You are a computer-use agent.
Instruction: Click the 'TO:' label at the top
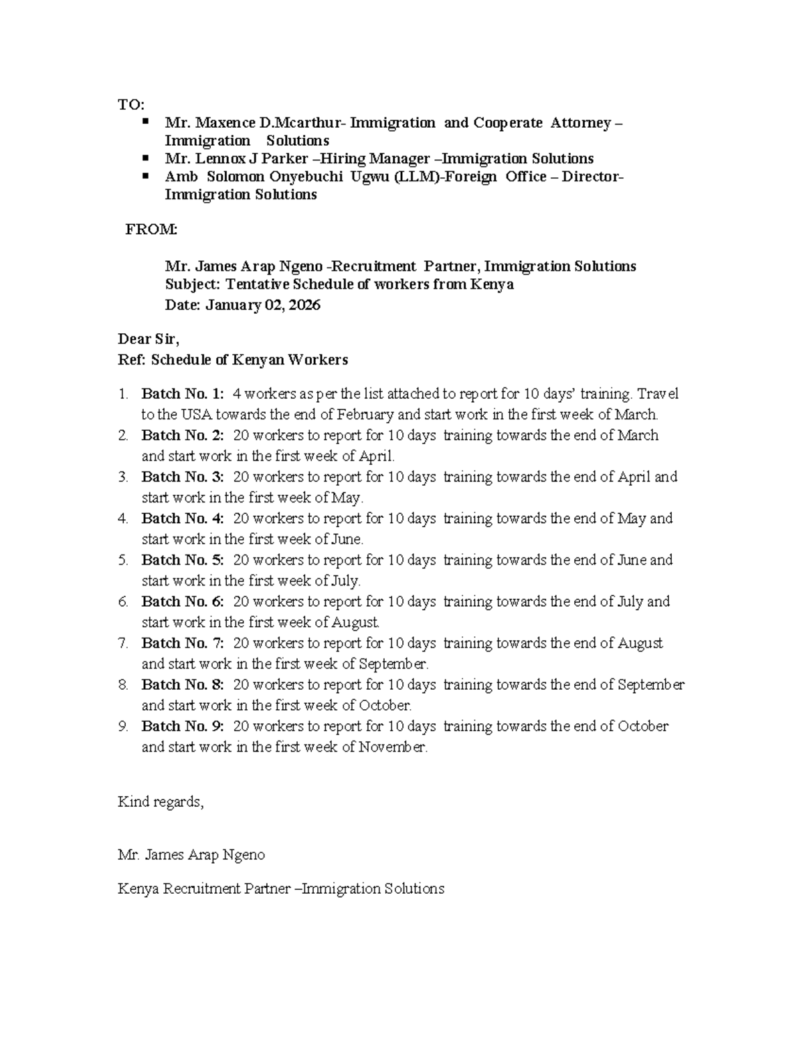(130, 105)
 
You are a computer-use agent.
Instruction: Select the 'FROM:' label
(152, 230)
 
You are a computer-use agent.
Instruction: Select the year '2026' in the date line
(306, 306)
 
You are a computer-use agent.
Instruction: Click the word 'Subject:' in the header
(192, 284)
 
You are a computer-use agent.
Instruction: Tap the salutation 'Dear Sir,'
(149, 339)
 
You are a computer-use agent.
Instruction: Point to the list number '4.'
(123, 518)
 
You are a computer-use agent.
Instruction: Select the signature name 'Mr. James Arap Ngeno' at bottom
(191, 855)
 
